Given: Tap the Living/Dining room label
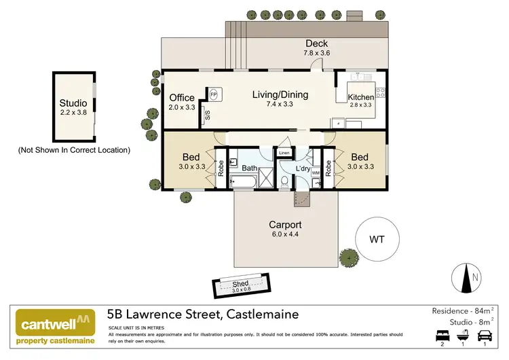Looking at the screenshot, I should coord(280,94).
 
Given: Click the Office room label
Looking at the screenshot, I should coord(182,98).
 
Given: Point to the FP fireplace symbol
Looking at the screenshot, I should coord(214,94).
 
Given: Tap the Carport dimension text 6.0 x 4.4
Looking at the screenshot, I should coord(284,235).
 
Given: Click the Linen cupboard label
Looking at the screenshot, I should coord(284,154).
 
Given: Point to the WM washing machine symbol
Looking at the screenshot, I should coord(315,173).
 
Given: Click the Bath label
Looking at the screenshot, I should coord(249,167).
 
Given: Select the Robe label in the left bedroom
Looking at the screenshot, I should coord(220,167).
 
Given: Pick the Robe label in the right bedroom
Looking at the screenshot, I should coord(328,168).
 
